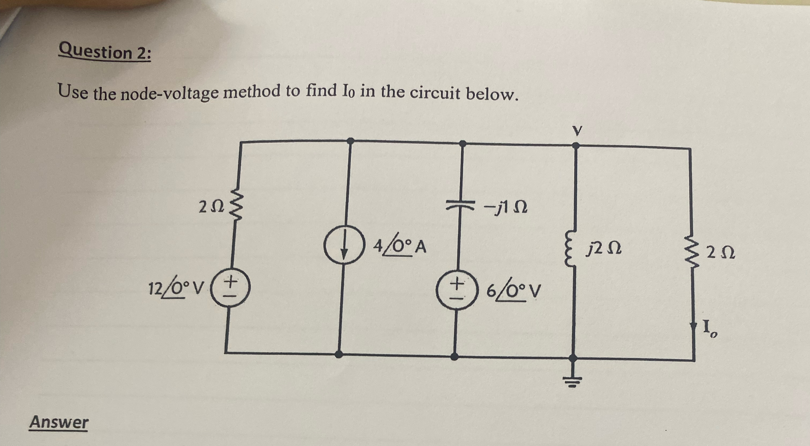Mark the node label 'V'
[x=576, y=131]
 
